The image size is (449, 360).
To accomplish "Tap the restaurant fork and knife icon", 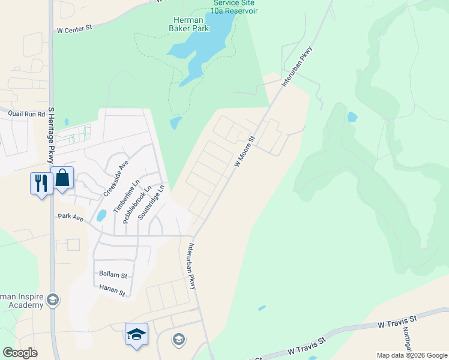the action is coord(41,183).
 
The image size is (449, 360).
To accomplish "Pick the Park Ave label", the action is coord(70,216).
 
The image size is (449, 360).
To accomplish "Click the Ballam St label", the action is coord(112,275).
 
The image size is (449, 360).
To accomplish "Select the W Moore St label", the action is coord(245,151).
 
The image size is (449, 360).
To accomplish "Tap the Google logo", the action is coord(20,353).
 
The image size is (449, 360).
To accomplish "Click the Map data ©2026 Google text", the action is coord(412,355).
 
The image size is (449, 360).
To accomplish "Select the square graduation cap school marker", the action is coord(136,334).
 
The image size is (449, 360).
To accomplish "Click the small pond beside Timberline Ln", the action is coord(101,215).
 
